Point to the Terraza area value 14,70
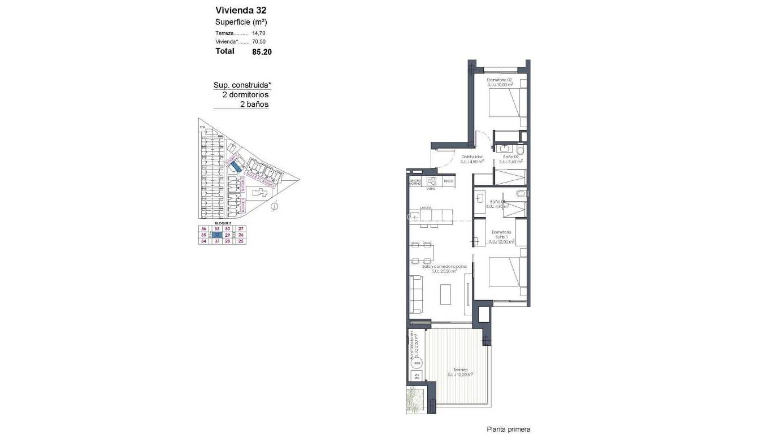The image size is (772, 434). click(x=259, y=33)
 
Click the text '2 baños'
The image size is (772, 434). click(x=254, y=105)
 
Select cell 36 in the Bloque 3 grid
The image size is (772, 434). click(x=203, y=228)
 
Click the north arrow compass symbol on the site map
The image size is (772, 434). click(x=275, y=207)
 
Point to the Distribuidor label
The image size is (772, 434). click(x=471, y=157)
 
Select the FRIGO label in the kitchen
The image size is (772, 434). click(x=449, y=181)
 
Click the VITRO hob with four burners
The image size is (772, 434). click(x=432, y=181)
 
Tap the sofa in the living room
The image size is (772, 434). click(x=417, y=294)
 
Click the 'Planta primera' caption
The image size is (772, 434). click(x=509, y=429)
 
